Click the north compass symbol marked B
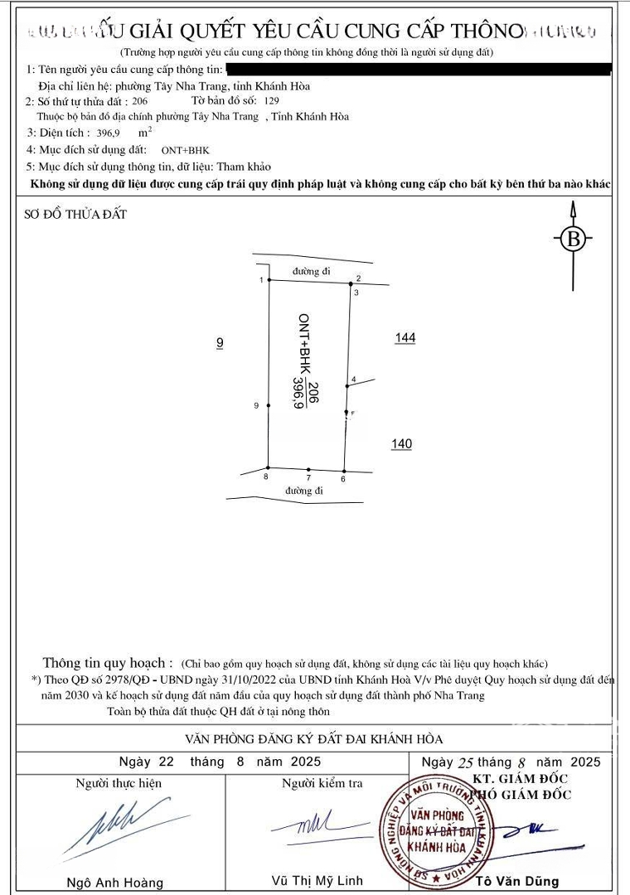pyautogui.click(x=573, y=239)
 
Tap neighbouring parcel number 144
pyautogui.click(x=405, y=338)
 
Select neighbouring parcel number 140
pyautogui.click(x=401, y=444)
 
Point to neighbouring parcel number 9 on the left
pyautogui.click(x=220, y=342)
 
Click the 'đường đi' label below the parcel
pyautogui.click(x=303, y=491)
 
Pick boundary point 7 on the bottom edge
pyautogui.click(x=308, y=470)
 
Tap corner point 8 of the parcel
pyautogui.click(x=268, y=467)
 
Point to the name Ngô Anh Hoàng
pyautogui.click(x=115, y=883)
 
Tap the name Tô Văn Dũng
pyautogui.click(x=520, y=882)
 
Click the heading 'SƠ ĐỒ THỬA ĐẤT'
pyautogui.click(x=75, y=215)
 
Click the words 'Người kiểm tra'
pyautogui.click(x=322, y=783)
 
